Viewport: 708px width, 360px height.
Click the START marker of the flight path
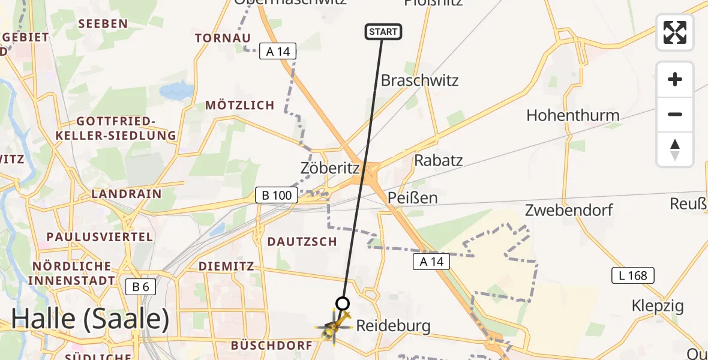383,32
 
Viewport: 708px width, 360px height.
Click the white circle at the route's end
343,304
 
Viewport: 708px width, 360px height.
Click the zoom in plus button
675,79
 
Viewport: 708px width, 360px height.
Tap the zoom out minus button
675,114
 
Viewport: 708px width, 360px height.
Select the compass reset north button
675,149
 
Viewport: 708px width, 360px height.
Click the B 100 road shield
277,195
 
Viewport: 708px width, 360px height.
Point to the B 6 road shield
141,287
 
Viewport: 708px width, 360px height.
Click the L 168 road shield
633,275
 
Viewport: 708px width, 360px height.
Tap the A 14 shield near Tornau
278,52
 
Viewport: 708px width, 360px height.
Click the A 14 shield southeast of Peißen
431,261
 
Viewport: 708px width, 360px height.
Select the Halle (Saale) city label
90,319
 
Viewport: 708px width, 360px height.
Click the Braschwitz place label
419,80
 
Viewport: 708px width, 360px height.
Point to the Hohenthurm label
572,115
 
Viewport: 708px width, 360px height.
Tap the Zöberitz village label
329,169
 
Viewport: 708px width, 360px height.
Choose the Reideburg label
393,326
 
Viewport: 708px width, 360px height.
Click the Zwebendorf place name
569,210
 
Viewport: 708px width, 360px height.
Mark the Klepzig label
658,306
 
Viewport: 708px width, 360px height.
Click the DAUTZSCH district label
302,241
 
